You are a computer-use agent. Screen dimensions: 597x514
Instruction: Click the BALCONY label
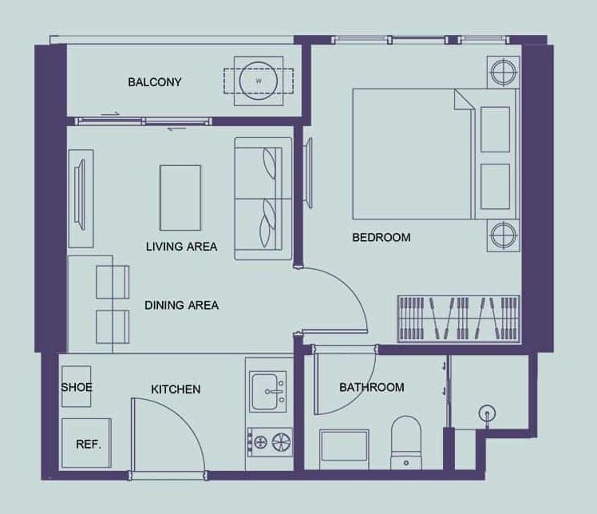coord(155,82)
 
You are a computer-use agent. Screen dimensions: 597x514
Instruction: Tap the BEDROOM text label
coord(382,238)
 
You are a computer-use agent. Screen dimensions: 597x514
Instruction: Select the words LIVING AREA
coord(182,247)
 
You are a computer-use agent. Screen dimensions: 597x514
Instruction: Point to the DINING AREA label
coord(182,305)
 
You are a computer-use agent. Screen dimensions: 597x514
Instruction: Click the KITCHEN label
coord(176,389)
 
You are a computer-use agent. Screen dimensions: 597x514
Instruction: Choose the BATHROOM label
coord(372,387)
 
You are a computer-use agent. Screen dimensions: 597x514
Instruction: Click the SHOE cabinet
coord(76,386)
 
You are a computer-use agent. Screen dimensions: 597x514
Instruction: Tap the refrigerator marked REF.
coord(86,443)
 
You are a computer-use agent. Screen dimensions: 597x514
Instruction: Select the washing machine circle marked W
coord(259,81)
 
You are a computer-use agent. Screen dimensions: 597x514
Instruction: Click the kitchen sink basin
coord(267,392)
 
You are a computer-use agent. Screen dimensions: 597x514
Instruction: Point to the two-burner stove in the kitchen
coord(270,442)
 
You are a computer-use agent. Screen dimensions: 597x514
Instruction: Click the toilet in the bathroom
coord(406,442)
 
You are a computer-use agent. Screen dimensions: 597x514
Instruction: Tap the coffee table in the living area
coord(180,198)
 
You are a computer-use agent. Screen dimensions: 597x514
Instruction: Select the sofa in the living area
coord(263,199)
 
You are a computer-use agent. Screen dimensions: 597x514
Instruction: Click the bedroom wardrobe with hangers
coord(458,318)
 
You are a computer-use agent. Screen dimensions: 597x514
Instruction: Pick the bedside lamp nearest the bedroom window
coord(504,72)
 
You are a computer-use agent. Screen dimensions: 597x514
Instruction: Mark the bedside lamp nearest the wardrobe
coord(504,235)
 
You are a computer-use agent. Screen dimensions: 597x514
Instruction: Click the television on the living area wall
coord(81,195)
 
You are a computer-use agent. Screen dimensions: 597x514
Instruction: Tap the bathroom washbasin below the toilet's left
coord(344,446)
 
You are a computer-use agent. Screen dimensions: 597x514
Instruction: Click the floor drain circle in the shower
coord(488,413)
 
